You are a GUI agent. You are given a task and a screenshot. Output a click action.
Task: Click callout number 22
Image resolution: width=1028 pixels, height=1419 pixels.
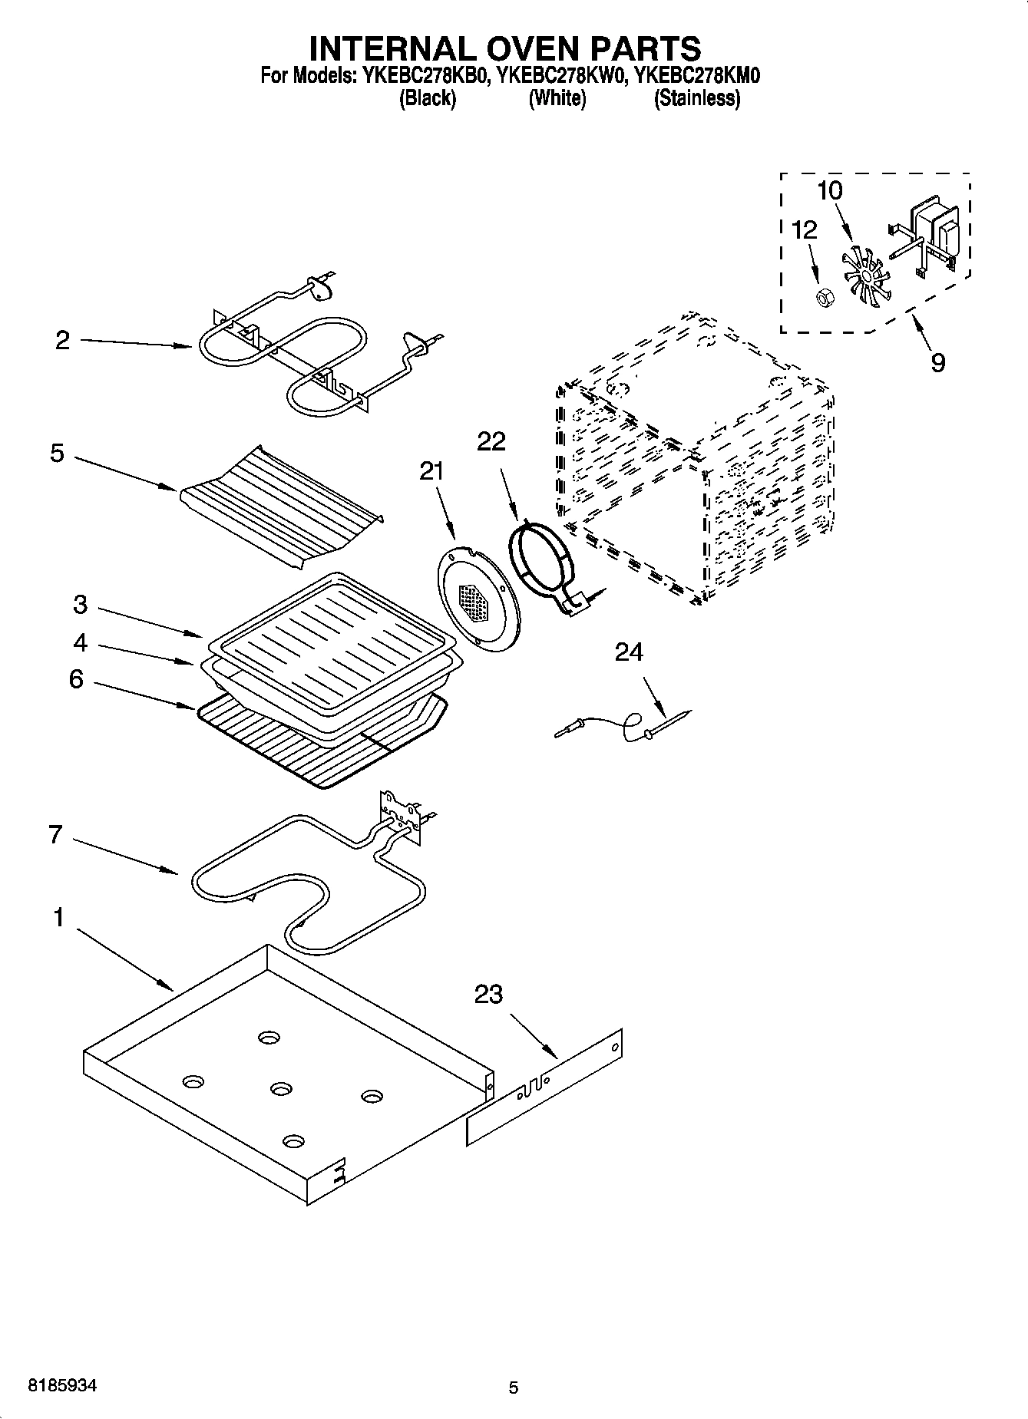click(x=491, y=441)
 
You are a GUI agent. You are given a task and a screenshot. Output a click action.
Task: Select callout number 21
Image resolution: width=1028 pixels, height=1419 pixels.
click(x=431, y=471)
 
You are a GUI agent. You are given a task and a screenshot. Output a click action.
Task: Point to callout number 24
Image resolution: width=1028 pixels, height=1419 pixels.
click(x=629, y=652)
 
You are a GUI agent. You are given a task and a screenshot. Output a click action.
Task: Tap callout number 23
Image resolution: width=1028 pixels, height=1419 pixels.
click(x=488, y=995)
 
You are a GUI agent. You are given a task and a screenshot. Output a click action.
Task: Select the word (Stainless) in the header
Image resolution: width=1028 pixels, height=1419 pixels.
click(x=696, y=98)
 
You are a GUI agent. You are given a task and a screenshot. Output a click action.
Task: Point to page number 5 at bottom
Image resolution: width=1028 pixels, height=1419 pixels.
click(x=513, y=1388)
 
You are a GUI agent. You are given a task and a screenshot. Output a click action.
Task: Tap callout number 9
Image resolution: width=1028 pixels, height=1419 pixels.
click(x=937, y=362)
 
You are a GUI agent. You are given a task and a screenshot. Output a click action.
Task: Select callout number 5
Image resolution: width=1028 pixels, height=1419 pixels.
click(x=58, y=453)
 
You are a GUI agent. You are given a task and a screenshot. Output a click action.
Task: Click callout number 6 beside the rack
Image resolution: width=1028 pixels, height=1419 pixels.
click(x=76, y=679)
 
